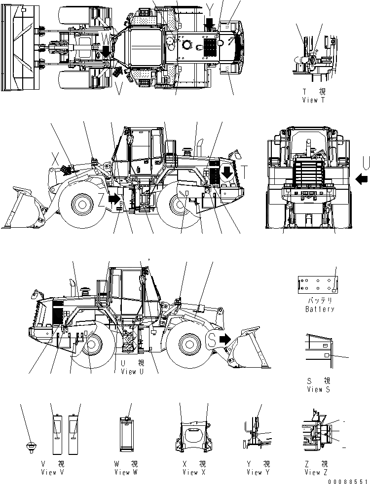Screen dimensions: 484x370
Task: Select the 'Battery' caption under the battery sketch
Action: click(319, 309)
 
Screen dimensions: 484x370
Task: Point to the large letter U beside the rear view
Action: click(366, 162)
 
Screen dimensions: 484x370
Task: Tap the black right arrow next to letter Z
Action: click(114, 199)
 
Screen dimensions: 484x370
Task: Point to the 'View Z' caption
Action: click(316, 472)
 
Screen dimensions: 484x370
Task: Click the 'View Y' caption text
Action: click(255, 472)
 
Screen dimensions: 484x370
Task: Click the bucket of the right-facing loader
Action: click(247, 350)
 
